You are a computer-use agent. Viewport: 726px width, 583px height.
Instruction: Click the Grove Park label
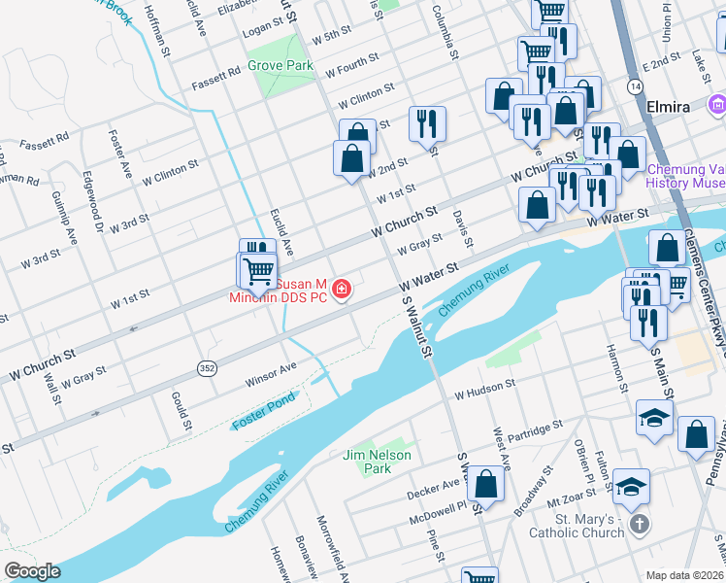pos(280,65)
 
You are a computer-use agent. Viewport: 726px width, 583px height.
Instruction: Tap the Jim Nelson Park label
pos(377,462)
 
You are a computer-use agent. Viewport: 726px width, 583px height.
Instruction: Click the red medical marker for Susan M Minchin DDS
pos(341,290)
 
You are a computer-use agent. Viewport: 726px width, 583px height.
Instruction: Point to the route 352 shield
pos(207,368)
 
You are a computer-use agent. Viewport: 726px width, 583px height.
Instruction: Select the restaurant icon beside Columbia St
pos(427,123)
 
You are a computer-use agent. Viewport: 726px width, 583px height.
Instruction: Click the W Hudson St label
pos(482,389)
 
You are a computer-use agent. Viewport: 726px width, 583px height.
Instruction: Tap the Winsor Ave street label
pos(271,370)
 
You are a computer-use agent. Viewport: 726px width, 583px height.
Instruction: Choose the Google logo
pos(32,571)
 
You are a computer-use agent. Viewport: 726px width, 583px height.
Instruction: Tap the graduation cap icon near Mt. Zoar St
pos(630,488)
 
